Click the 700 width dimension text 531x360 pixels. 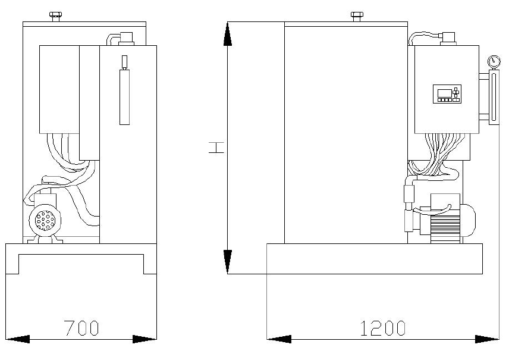pyautogui.click(x=81, y=328)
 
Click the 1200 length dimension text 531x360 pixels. pyautogui.click(x=382, y=328)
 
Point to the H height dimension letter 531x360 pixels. pyautogui.click(x=216, y=148)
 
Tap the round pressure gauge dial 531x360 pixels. pyautogui.click(x=494, y=62)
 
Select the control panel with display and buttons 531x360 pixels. pyautogui.click(x=447, y=94)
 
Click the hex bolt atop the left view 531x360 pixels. pyautogui.click(x=55, y=16)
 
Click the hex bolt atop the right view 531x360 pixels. pyautogui.click(x=357, y=16)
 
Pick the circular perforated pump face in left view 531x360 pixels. pyautogui.click(x=45, y=220)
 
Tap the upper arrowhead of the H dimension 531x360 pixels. pyautogui.click(x=228, y=33)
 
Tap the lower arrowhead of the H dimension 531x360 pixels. pyautogui.click(x=228, y=261)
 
